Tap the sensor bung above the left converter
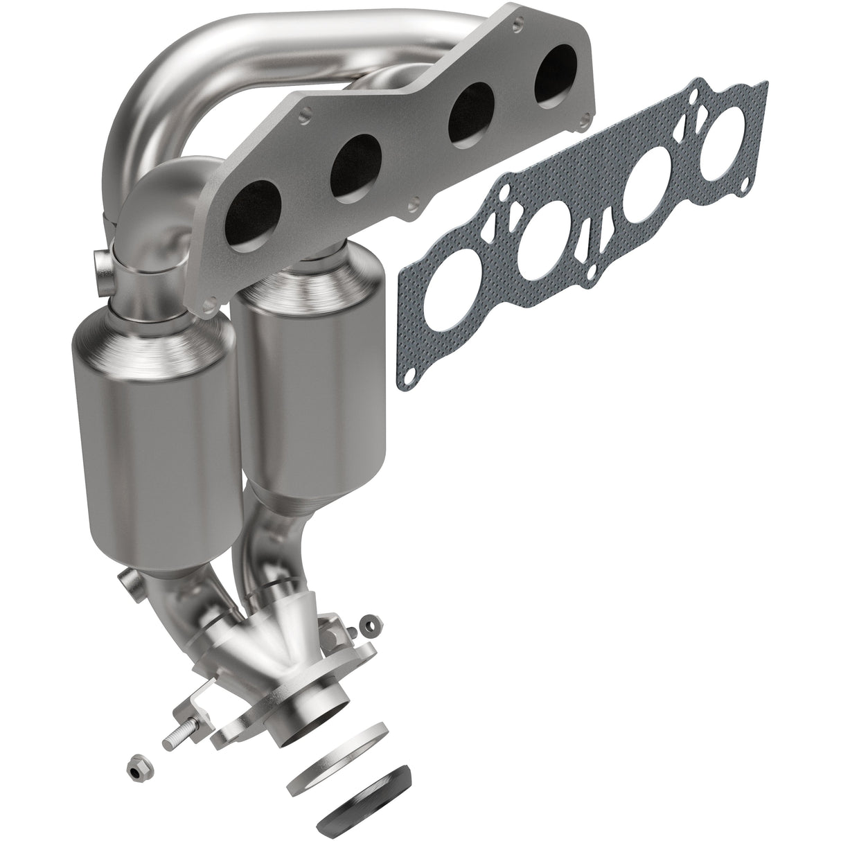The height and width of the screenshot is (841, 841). [100, 266]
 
